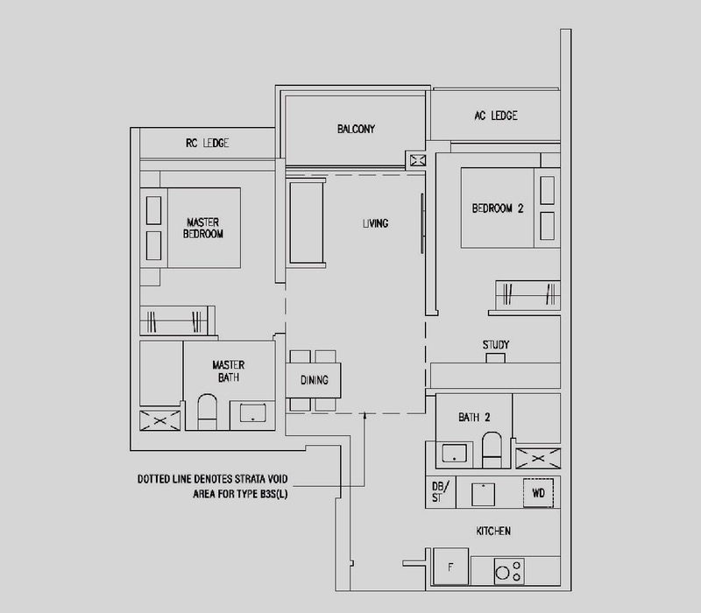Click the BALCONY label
pos(356,129)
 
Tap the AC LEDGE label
pos(496,116)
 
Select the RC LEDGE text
pos(207,143)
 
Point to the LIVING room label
pos(376,223)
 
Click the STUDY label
pos(496,344)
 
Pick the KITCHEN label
pos(493,531)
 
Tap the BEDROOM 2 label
pos(498,208)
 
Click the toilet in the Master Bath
pos(207,412)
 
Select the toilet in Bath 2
pos(492,449)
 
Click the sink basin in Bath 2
pos(454,453)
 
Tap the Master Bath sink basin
pos(252,412)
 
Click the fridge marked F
pos(450,567)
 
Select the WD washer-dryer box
pos(538,493)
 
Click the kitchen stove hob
pos(509,571)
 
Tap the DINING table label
pos(315,380)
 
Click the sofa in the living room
pos(306,222)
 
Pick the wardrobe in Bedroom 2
pos(528,294)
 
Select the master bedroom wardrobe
pos(178,321)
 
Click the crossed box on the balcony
pos(418,160)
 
